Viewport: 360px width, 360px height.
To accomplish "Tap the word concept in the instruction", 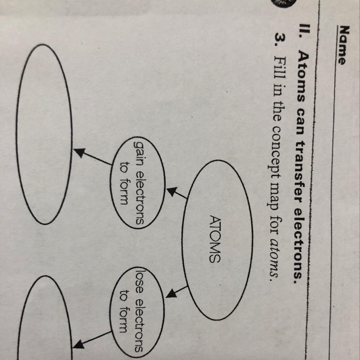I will point(276,154).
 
